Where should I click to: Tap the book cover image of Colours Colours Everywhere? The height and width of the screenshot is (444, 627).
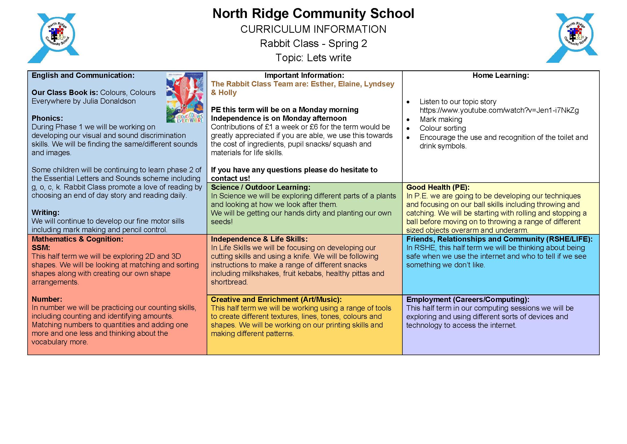click(185, 97)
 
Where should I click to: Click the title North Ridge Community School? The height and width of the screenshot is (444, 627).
click(313, 14)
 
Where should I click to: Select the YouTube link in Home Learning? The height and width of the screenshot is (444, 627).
click(499, 110)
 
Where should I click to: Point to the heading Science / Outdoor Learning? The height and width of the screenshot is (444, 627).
click(261, 187)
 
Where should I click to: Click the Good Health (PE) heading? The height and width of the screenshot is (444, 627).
click(438, 187)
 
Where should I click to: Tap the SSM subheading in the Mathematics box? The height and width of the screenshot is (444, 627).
click(41, 248)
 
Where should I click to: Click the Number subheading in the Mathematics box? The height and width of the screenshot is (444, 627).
click(47, 299)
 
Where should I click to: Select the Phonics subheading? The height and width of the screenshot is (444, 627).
click(47, 118)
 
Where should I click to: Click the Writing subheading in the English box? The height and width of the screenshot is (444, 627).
click(45, 212)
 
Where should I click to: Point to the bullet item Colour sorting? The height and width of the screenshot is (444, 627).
click(443, 128)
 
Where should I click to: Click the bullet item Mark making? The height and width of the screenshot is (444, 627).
click(441, 119)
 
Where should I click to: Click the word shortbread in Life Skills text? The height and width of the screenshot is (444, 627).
click(229, 282)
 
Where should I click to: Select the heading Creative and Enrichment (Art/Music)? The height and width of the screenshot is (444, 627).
click(276, 300)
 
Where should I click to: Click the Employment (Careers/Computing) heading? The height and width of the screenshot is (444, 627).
click(468, 300)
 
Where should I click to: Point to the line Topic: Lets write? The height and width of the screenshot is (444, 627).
click(313, 58)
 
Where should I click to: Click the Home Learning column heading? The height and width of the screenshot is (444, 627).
click(500, 75)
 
